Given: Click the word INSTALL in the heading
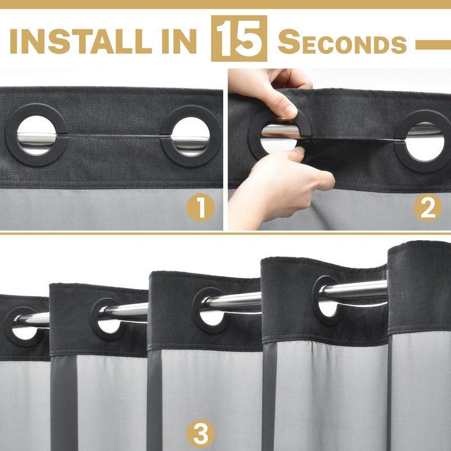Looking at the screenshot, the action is click(81, 41).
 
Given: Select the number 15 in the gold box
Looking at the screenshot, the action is click(239, 38).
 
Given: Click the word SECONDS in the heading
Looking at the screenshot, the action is click(342, 42).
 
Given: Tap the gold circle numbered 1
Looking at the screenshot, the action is click(201, 207).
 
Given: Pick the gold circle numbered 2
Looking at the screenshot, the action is click(428, 207).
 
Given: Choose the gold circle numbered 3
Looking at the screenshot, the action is click(201, 434).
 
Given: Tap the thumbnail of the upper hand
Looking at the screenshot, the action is click(289, 110).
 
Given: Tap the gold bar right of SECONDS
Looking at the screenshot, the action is click(433, 45).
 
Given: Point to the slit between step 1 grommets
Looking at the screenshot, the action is click(114, 135).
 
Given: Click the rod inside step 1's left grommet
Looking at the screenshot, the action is click(37, 139).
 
